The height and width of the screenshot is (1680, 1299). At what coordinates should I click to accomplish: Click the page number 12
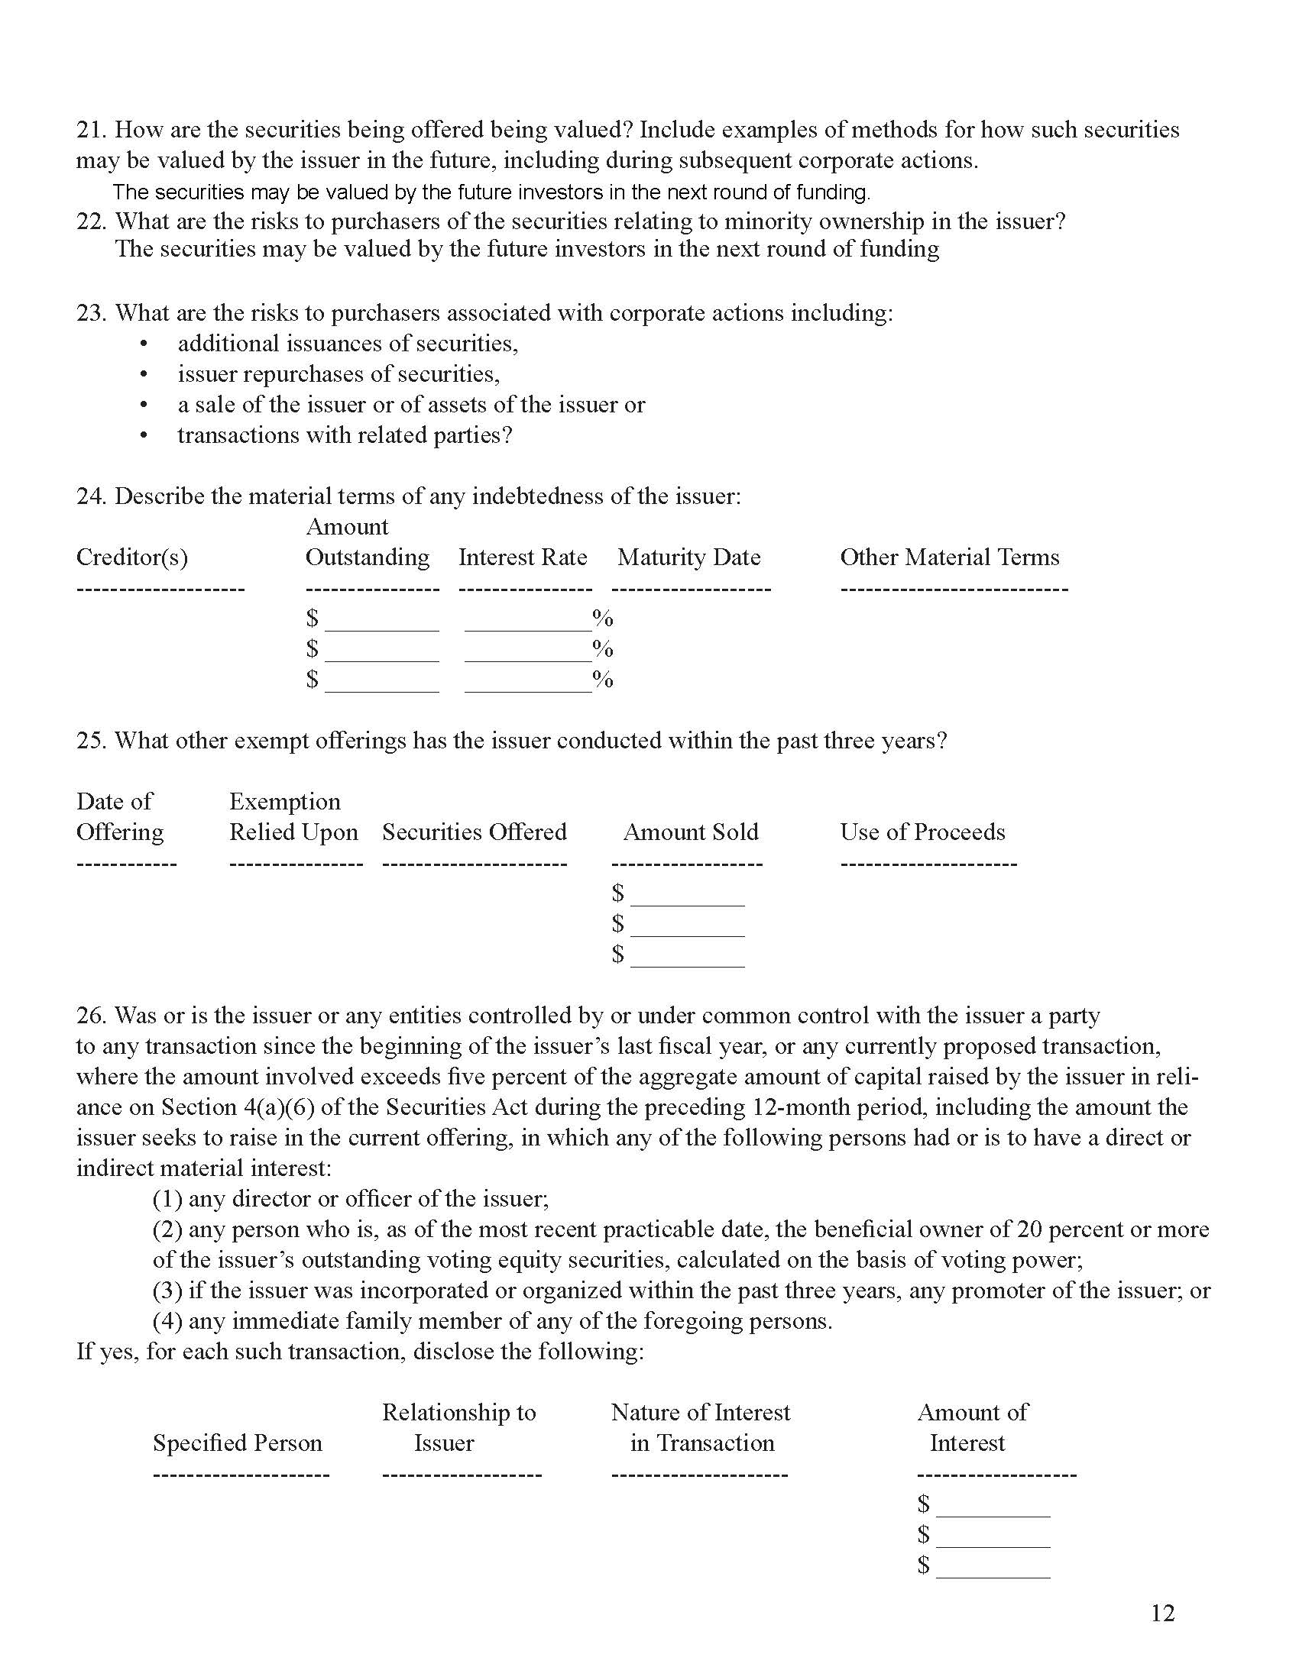point(1162,1613)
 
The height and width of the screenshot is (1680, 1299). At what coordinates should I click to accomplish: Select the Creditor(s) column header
point(131,557)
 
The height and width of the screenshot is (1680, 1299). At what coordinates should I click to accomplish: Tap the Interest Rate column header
point(523,557)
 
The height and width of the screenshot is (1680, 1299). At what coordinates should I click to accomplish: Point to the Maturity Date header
point(688,557)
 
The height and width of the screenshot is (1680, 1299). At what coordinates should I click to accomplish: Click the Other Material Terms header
point(949,557)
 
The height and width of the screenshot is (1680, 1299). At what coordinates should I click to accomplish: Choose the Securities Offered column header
point(474,832)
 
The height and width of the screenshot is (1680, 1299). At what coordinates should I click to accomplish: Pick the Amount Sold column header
point(690,832)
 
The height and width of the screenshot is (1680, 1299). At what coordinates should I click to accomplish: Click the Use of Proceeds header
point(922,832)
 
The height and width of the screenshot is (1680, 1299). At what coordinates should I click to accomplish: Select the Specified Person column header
point(237,1443)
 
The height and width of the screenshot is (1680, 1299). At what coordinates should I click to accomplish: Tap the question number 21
point(90,130)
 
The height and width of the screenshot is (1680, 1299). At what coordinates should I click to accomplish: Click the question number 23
point(90,313)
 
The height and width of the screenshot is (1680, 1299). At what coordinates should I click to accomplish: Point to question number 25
point(90,741)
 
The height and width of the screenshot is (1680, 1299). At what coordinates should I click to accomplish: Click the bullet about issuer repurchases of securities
point(339,375)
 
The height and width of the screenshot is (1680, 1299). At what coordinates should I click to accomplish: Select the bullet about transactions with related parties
point(345,435)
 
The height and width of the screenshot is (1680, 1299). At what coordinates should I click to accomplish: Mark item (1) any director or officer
point(350,1198)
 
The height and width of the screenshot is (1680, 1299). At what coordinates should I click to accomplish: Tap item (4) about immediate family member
point(493,1321)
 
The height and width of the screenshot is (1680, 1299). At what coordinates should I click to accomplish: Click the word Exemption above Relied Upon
point(285,802)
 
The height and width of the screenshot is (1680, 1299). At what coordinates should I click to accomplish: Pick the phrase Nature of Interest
point(700,1412)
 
